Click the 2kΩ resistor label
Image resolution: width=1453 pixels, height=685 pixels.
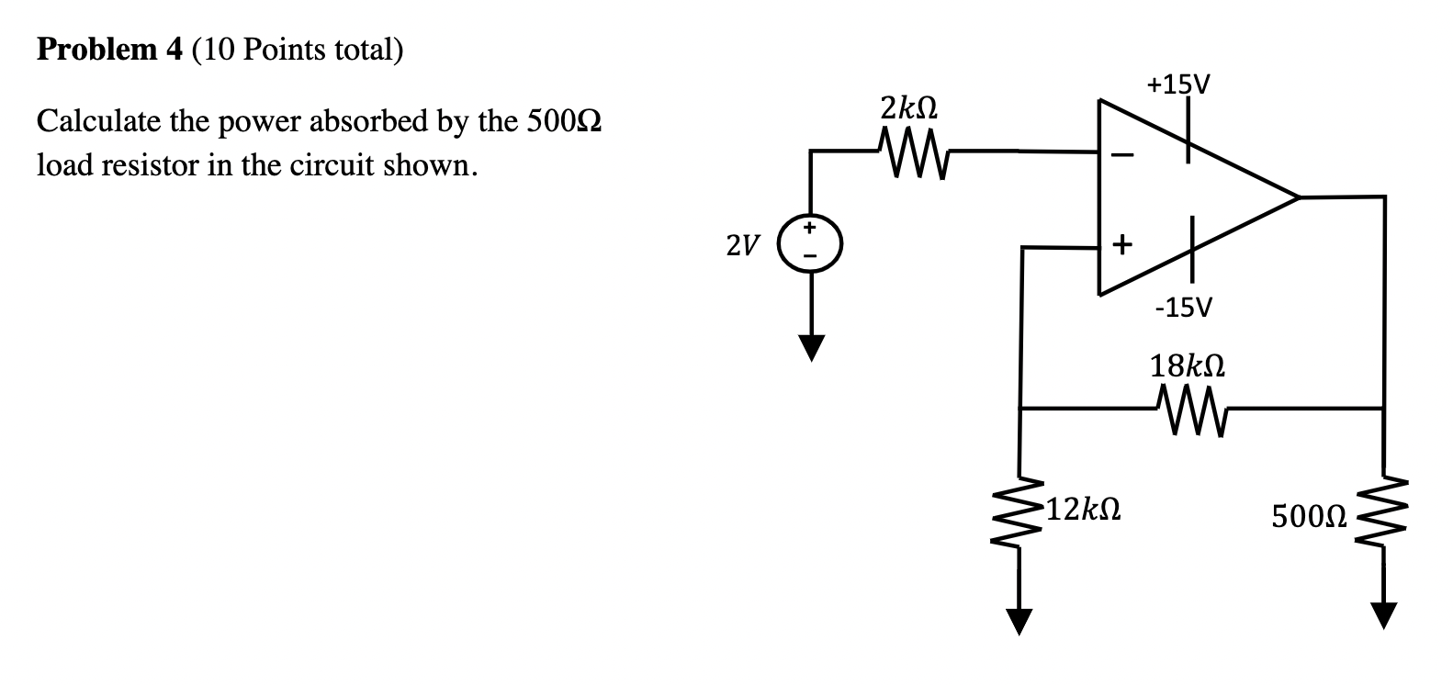click(908, 107)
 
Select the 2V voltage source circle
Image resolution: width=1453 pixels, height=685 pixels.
click(810, 243)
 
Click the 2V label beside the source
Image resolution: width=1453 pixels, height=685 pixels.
click(742, 245)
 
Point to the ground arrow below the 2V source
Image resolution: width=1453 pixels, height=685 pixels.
click(810, 347)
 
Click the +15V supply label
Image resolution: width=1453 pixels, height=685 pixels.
click(1178, 85)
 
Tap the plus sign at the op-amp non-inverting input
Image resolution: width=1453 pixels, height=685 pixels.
click(1121, 245)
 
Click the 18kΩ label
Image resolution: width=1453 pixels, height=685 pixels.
click(1187, 367)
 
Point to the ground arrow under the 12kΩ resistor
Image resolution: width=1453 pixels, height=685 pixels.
click(1019, 622)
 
